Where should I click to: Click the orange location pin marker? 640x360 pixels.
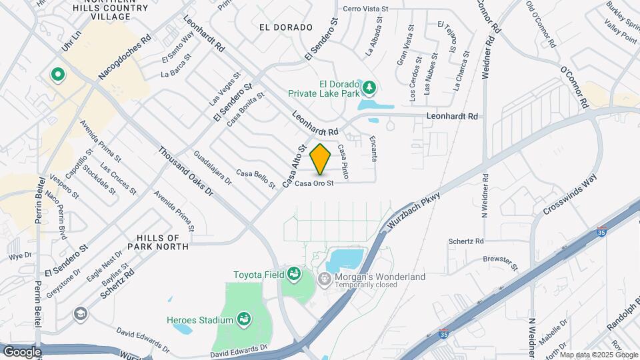(x=321, y=159)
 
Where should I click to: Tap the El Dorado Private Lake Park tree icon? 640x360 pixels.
(x=367, y=87)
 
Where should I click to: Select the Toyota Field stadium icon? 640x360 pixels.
(x=293, y=274)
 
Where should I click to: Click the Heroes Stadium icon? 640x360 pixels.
(x=244, y=319)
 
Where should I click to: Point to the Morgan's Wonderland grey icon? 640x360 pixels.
(x=325, y=277)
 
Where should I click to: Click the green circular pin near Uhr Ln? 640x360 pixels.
(x=57, y=74)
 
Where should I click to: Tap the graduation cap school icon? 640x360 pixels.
(x=81, y=313)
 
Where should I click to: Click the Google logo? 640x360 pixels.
(x=22, y=351)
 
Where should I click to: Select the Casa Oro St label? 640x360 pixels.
(x=314, y=184)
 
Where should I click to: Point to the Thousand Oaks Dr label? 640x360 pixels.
(x=185, y=171)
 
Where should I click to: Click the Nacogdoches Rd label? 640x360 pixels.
(x=125, y=59)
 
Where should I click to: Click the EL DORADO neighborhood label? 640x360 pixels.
(x=287, y=27)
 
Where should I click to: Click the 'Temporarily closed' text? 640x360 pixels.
(x=366, y=285)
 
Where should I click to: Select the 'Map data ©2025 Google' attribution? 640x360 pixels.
(x=599, y=355)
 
